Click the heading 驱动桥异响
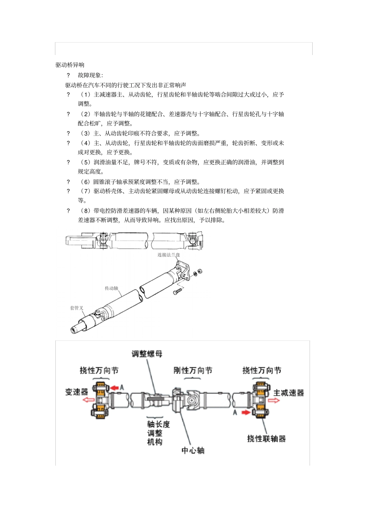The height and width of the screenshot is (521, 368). [x=70, y=65]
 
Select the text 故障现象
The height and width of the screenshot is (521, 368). [x=90, y=75]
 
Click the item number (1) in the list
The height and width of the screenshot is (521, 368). [x=85, y=95]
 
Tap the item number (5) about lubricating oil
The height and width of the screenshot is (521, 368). [x=85, y=162]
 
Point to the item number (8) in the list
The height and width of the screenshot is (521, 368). [x=85, y=211]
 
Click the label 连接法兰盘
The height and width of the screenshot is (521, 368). [x=169, y=255]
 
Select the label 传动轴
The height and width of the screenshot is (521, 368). [x=111, y=288]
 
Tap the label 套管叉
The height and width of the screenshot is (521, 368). [x=76, y=308]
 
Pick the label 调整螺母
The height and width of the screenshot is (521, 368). [x=147, y=354]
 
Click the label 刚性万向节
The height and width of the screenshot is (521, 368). [x=193, y=370]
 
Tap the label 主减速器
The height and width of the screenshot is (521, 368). [x=289, y=393]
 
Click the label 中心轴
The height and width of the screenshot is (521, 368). [x=193, y=450]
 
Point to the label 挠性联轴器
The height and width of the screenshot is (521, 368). [x=266, y=438]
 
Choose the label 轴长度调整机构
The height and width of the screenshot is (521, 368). [x=158, y=433]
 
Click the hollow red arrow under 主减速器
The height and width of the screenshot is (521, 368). [x=273, y=401]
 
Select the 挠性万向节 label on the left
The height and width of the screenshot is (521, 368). [x=99, y=370]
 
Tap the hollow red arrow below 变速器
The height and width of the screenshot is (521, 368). [x=88, y=400]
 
